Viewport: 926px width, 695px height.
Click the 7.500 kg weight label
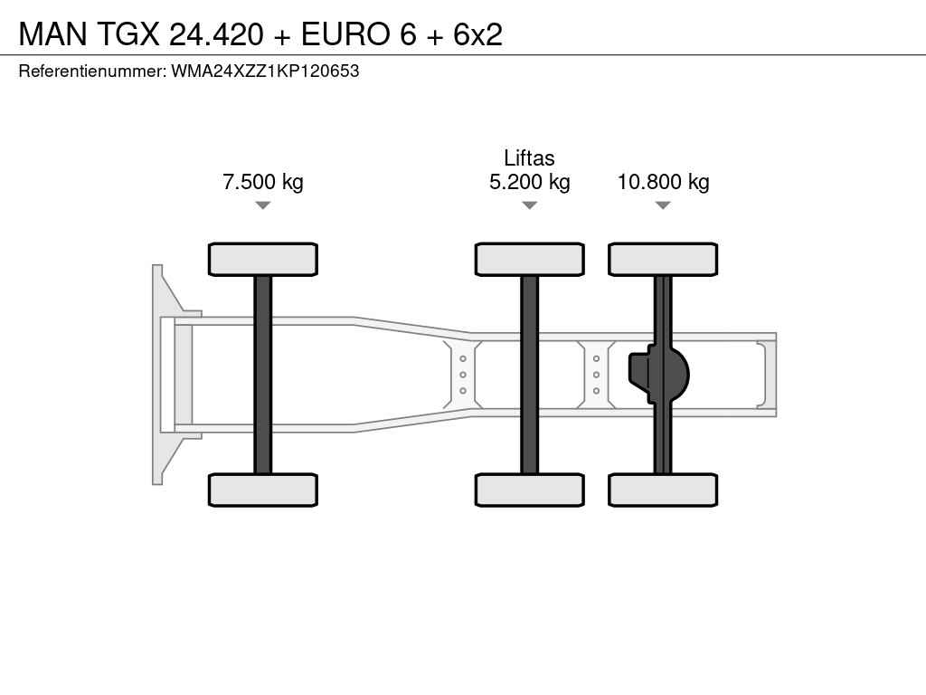tap(263, 181)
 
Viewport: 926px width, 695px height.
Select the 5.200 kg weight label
tap(530, 181)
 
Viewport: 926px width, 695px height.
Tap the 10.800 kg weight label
tap(663, 181)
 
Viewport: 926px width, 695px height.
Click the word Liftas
tap(529, 157)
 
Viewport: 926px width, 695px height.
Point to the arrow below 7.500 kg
tap(263, 205)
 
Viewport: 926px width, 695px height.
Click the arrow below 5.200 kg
tap(530, 205)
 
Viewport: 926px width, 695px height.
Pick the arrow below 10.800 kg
tap(663, 205)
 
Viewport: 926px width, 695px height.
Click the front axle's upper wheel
tap(263, 260)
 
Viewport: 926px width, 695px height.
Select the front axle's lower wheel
tap(263, 490)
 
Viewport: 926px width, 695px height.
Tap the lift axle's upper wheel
tap(530, 260)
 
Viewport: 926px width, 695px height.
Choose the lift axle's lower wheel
tap(530, 490)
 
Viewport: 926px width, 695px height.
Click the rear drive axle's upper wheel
tap(663, 260)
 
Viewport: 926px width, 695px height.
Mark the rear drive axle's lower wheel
tap(663, 490)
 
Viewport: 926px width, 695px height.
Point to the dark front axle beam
tap(263, 375)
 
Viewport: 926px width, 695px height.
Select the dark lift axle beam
tap(530, 375)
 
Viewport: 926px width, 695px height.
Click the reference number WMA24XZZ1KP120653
tap(265, 71)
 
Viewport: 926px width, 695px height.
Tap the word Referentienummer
tap(92, 71)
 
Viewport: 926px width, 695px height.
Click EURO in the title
tap(346, 34)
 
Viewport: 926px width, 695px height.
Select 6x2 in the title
tap(477, 34)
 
